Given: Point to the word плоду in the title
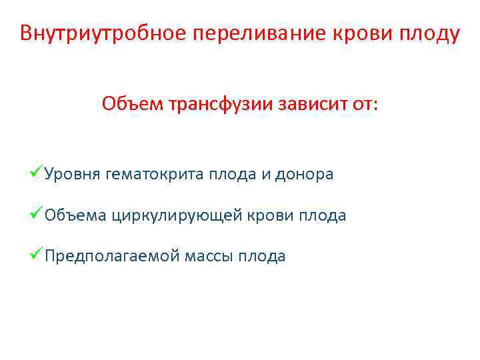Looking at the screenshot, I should click(x=433, y=33).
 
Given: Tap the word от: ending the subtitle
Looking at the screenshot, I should click(x=365, y=104).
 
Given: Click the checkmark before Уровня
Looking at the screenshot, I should click(x=37, y=174).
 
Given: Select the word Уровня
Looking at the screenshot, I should click(x=72, y=175).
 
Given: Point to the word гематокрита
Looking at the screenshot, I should click(x=154, y=175).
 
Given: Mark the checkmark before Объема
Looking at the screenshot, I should click(x=37, y=215).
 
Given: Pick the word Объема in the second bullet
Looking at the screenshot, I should click(x=75, y=216).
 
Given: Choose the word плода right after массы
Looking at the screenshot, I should click(x=263, y=257).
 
